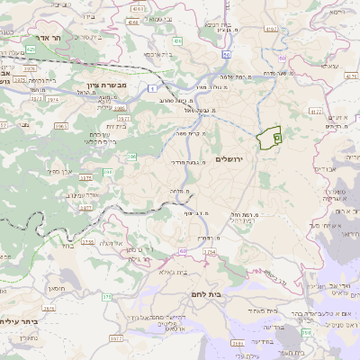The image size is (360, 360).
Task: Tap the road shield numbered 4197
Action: click(270, 29)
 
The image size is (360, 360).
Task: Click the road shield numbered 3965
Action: click(61, 126)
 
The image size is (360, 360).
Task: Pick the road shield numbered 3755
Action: click(87, 241)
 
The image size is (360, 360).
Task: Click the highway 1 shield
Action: click(154, 88)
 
